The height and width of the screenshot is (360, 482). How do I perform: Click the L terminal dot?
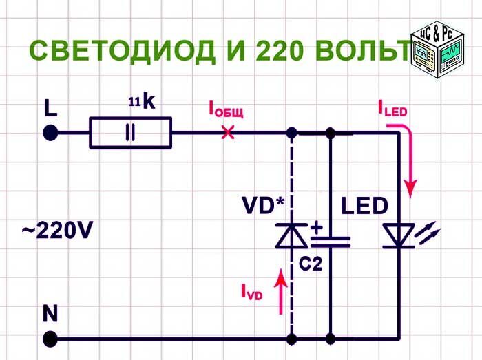tap(50, 133)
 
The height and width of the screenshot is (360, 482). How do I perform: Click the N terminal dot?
tap(50, 339)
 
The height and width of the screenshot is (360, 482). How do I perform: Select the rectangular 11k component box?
tap(130, 133)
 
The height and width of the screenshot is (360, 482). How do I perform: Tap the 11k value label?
tap(142, 101)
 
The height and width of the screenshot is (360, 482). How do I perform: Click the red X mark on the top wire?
tap(228, 133)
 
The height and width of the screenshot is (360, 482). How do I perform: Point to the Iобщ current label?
tap(227, 110)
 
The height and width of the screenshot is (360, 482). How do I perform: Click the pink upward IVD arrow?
tap(281, 291)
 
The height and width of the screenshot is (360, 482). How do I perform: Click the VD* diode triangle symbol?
tap(291, 235)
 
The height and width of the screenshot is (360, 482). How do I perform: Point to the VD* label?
tap(264, 206)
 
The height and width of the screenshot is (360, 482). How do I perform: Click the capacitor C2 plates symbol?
tap(331, 242)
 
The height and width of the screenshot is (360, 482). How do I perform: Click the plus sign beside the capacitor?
tap(316, 228)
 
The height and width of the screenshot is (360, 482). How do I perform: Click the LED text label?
tap(364, 206)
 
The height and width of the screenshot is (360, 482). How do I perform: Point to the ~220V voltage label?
tap(57, 231)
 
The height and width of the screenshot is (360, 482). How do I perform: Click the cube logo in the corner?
tap(438, 50)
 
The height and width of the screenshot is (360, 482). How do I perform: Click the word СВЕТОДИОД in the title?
tap(123, 50)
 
